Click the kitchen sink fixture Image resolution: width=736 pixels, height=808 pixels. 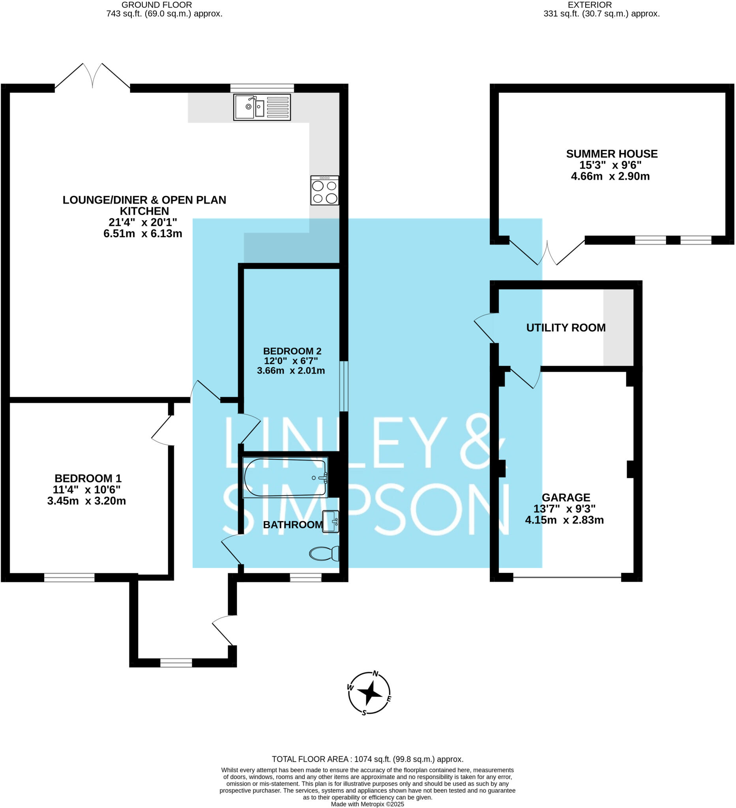click(x=262, y=107)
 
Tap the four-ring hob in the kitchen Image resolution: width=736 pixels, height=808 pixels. click(x=324, y=191)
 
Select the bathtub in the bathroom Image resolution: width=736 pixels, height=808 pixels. click(x=285, y=478)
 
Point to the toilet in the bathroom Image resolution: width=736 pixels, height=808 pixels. click(x=324, y=554)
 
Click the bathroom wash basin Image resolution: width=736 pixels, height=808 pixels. click(x=331, y=522)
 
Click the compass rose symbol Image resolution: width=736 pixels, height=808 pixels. click(x=369, y=693)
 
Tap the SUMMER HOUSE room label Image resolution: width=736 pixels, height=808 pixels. click(x=611, y=154)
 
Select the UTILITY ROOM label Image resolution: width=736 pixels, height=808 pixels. click(x=566, y=328)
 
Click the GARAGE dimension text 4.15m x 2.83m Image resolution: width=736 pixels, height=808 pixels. click(x=564, y=520)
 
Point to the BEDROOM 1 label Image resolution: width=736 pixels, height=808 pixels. click(x=88, y=478)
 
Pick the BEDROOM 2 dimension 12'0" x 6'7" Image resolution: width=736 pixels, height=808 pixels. click(x=290, y=361)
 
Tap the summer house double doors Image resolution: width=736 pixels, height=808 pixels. click(x=547, y=252)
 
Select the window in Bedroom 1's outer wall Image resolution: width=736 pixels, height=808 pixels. click(x=69, y=578)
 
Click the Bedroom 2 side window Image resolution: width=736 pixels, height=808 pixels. click(x=344, y=386)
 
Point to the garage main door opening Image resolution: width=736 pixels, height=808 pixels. click(x=567, y=578)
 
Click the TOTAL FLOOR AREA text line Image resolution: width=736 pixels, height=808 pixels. click(x=367, y=759)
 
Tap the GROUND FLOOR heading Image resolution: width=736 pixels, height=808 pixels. click(x=156, y=5)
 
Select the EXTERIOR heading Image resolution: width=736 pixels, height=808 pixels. click(x=589, y=5)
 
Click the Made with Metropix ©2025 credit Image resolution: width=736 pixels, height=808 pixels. click(x=367, y=804)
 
